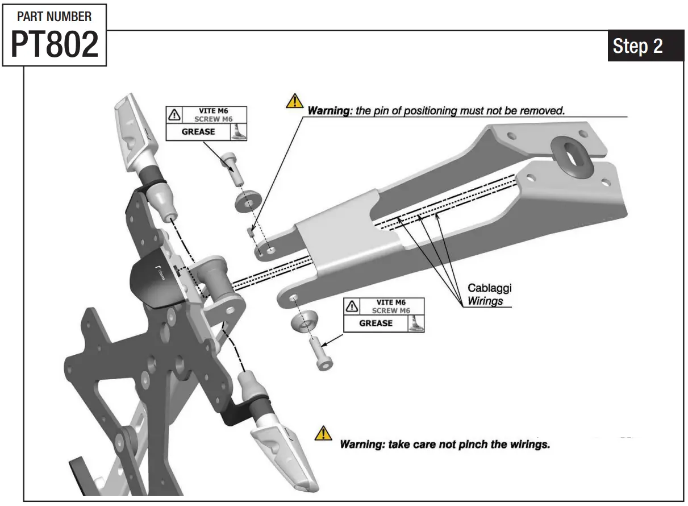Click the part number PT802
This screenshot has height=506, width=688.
click(x=54, y=45)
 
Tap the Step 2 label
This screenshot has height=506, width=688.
click(x=637, y=45)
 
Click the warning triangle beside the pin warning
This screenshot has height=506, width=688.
click(x=294, y=101)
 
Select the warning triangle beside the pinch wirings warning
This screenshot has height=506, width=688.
click(x=323, y=433)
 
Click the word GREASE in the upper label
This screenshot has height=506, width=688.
click(x=198, y=131)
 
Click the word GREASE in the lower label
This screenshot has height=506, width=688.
click(x=376, y=323)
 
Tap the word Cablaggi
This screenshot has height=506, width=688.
click(x=489, y=288)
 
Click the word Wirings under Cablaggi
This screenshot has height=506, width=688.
click(x=485, y=301)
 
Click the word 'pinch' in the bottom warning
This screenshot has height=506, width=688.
click(x=469, y=444)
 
